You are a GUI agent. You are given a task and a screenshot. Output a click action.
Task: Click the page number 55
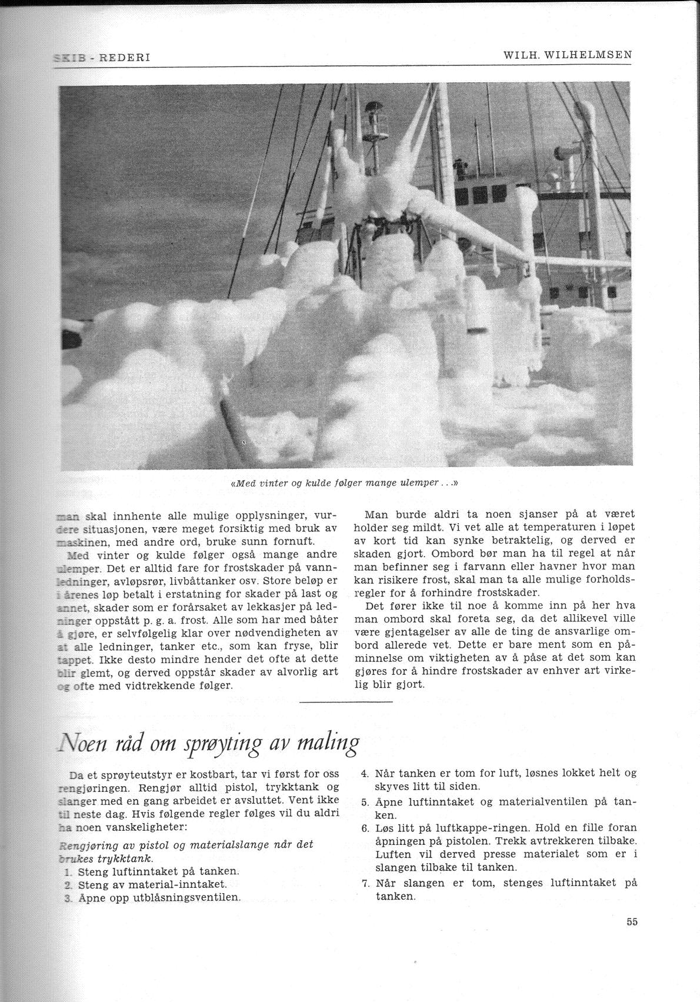pos(632,922)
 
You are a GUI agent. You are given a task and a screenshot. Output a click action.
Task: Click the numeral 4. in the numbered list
pos(364,774)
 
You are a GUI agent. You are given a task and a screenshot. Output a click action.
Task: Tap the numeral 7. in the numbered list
pos(364,883)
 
